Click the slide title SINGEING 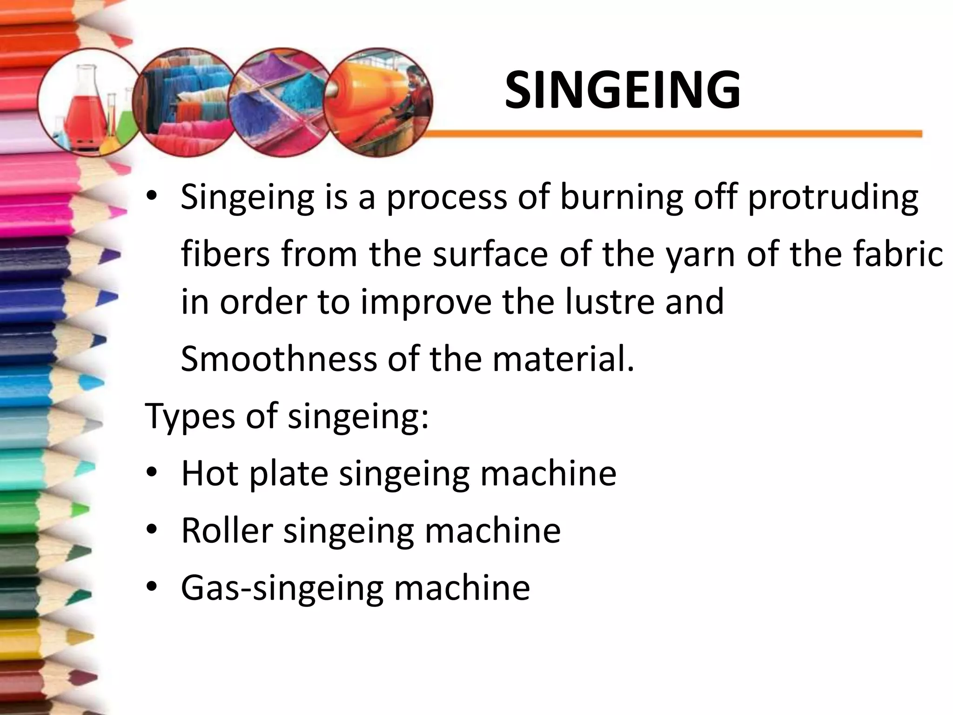coord(622,91)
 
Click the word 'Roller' coord(227,531)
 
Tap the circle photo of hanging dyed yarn coord(186,102)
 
